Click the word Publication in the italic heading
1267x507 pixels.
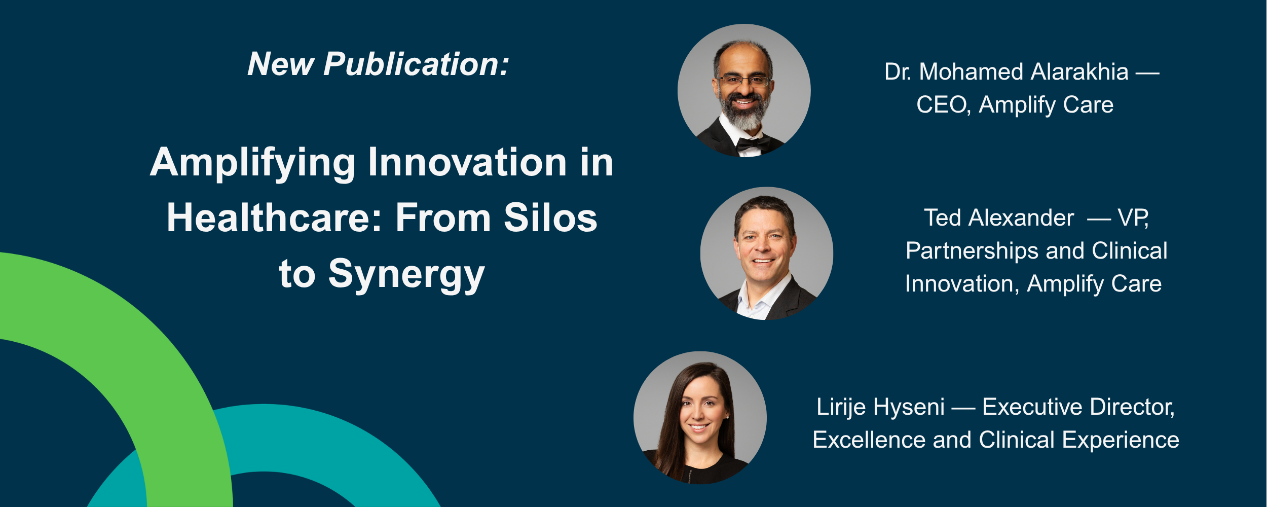416,65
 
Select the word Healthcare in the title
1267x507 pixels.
274,219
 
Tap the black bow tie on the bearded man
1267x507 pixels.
752,144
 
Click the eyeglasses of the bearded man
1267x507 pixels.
743,80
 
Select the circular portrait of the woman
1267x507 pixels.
700,418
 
